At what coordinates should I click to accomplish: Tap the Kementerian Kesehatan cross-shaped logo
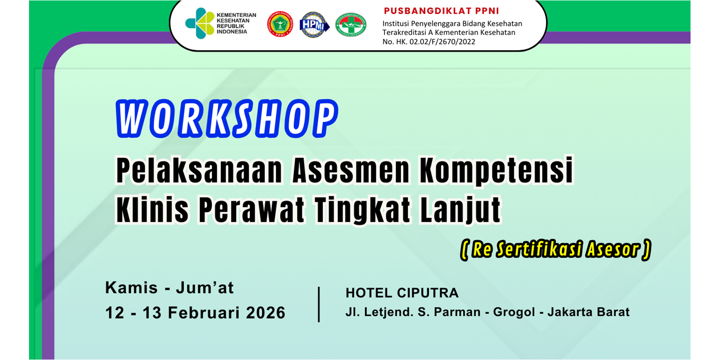[199, 23]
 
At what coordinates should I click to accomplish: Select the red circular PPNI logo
[280, 24]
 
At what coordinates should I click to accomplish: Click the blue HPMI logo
[314, 25]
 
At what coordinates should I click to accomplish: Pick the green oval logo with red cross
[350, 25]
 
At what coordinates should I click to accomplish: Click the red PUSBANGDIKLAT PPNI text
[441, 11]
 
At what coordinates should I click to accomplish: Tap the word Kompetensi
[496, 170]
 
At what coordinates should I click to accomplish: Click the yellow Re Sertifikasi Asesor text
[556, 249]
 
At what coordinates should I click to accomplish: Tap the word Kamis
[131, 287]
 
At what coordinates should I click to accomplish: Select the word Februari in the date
[204, 312]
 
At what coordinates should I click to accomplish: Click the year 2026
[266, 312]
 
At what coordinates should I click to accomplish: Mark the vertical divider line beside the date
[319, 304]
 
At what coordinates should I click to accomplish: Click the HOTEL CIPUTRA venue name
[402, 293]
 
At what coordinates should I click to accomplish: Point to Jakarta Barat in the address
[589, 312]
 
